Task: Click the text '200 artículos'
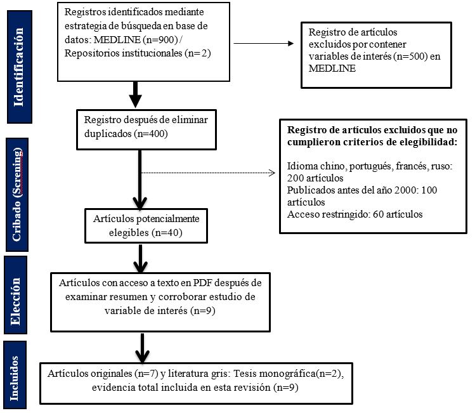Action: tap(315, 178)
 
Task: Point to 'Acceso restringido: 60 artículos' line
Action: tap(355, 214)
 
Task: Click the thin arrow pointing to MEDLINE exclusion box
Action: tap(264, 44)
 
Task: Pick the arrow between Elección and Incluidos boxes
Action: tap(143, 346)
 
